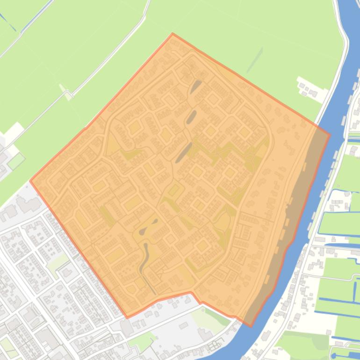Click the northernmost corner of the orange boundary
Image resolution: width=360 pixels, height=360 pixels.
[x=173, y=34]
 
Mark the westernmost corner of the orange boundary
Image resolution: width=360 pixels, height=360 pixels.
[x=30, y=181]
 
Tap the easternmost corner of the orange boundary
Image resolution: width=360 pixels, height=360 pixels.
[x=330, y=136]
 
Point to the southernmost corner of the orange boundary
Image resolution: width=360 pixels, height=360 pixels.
[x=251, y=326]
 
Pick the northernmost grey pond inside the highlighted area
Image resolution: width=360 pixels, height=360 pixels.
[x=195, y=86]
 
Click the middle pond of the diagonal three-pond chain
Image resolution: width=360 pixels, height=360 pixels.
[x=191, y=116]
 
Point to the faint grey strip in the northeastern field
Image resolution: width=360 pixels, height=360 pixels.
[x=254, y=60]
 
